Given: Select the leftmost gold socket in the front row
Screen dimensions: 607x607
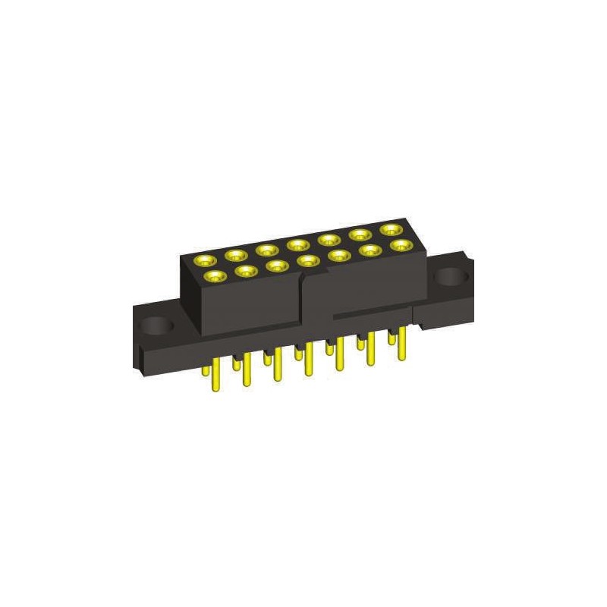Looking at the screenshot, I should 215,276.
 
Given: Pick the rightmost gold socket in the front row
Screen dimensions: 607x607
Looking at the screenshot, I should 401,245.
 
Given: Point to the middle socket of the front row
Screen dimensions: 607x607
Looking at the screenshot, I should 308,261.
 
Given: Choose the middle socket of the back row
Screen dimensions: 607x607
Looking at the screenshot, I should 297,244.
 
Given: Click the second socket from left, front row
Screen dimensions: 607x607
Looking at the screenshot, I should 245,270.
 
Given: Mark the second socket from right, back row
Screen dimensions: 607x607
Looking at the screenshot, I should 360,234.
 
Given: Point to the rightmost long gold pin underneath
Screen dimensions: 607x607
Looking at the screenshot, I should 402,344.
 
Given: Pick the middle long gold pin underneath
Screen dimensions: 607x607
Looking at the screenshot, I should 309,361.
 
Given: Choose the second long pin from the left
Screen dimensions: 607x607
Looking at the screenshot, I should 247,371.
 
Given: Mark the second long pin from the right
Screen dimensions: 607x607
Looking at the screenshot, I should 371,350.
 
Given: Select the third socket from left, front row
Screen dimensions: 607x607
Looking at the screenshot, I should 276,266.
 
